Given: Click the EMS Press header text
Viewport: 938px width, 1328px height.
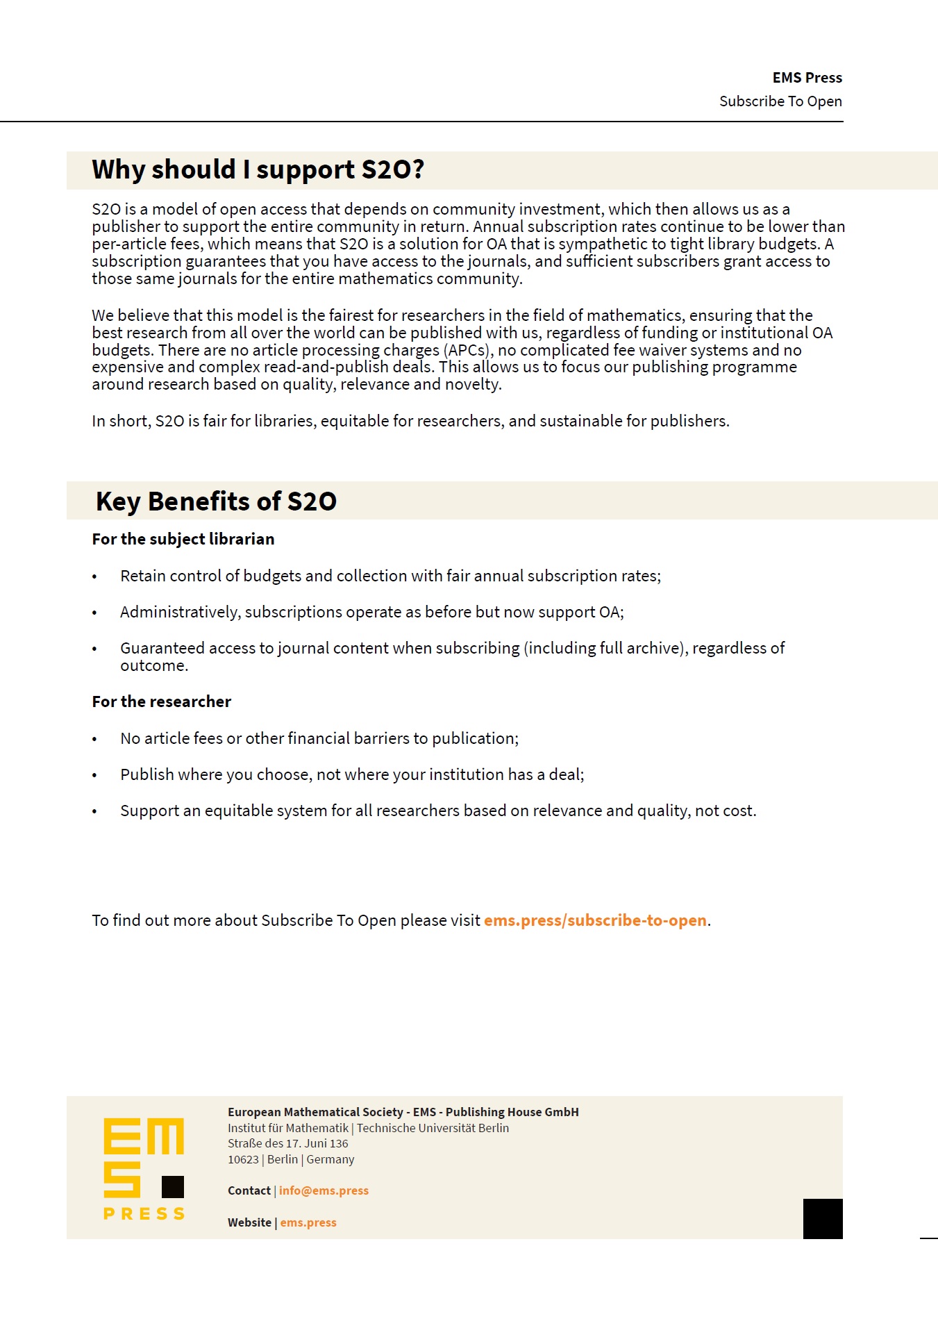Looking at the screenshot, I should pyautogui.click(x=807, y=78).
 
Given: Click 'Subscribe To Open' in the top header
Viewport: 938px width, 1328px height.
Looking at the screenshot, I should pyautogui.click(x=780, y=101).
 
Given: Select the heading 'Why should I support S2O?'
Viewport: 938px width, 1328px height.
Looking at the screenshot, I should pyautogui.click(x=258, y=170).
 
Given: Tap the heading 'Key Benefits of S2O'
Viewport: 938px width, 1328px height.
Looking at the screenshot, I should pyautogui.click(x=216, y=501).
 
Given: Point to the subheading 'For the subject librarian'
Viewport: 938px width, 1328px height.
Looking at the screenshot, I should pyautogui.click(x=183, y=539).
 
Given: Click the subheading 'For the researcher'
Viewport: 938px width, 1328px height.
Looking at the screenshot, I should pyautogui.click(x=162, y=702).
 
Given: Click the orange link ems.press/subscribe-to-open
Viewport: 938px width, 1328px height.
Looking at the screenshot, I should pyautogui.click(x=595, y=920).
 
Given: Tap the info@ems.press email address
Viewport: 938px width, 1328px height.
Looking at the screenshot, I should pyautogui.click(x=324, y=1190).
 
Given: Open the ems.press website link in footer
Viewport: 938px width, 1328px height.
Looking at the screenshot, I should pyautogui.click(x=308, y=1222).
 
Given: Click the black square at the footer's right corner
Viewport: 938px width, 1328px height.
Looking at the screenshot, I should pyautogui.click(x=823, y=1219).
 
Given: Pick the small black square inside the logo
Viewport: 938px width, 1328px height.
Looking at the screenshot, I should pyautogui.click(x=173, y=1187).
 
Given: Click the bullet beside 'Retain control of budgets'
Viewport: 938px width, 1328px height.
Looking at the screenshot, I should pyautogui.click(x=94, y=577).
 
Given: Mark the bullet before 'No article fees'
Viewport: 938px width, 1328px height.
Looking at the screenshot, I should pyautogui.click(x=94, y=740).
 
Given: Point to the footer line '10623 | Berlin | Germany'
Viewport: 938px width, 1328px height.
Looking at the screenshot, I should pyautogui.click(x=291, y=1159).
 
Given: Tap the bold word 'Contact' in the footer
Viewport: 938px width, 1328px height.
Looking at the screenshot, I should pyautogui.click(x=249, y=1190).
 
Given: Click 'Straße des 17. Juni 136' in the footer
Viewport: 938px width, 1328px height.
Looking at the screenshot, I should pyautogui.click(x=288, y=1143).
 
